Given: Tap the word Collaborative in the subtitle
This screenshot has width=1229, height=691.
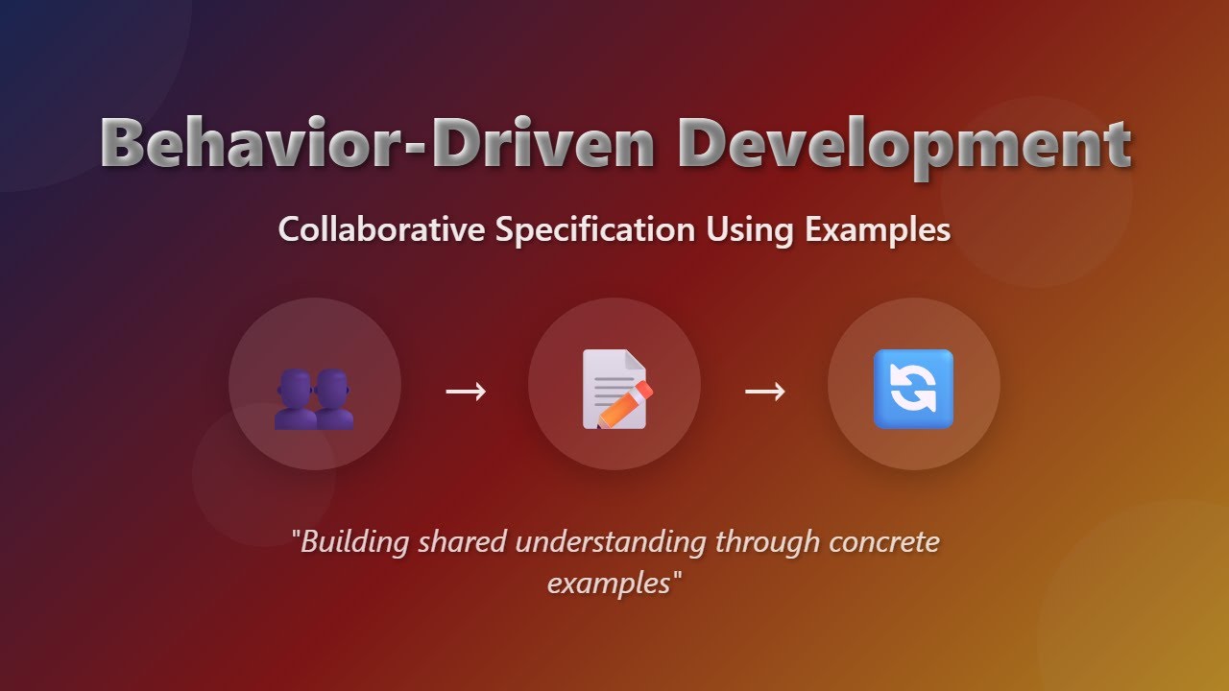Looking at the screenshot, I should pyautogui.click(x=382, y=230).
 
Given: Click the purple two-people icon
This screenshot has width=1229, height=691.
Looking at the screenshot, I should pyautogui.click(x=314, y=401).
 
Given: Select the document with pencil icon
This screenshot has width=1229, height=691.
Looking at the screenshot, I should pyautogui.click(x=614, y=388).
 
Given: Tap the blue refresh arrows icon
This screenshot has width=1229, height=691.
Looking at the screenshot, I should pyautogui.click(x=913, y=388).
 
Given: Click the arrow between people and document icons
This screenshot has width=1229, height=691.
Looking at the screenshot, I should pyautogui.click(x=466, y=391).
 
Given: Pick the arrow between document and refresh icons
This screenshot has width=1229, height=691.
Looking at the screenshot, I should pyautogui.click(x=765, y=391).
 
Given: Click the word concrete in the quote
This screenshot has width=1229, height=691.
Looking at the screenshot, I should pyautogui.click(x=883, y=542).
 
